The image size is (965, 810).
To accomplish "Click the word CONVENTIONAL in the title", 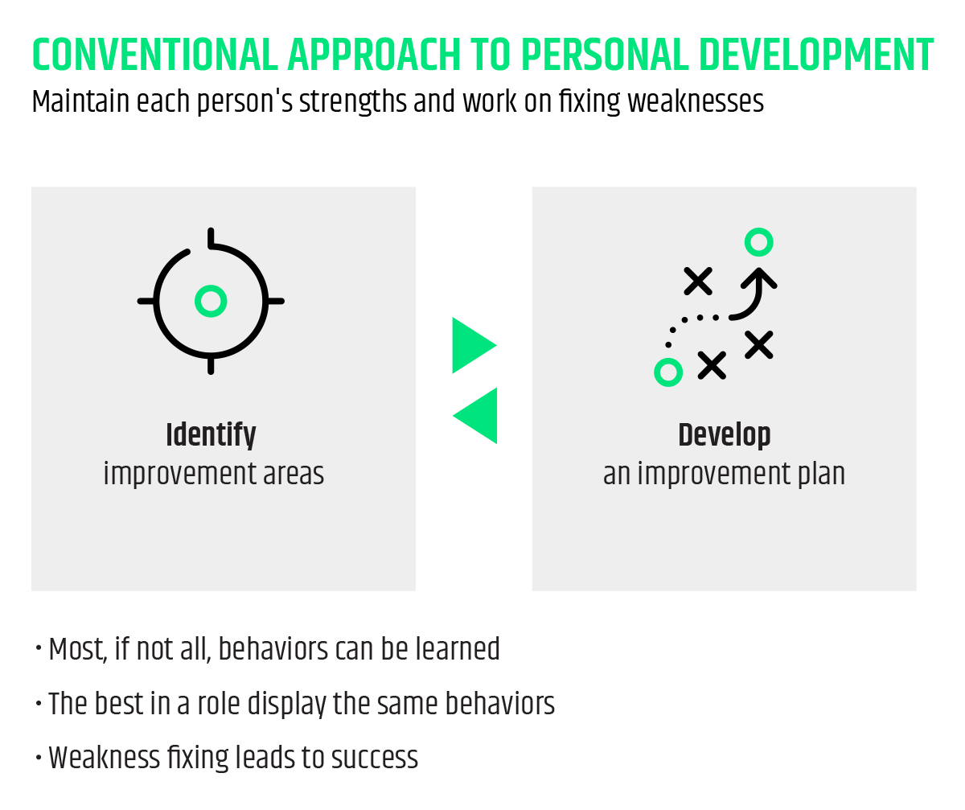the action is (x=155, y=55).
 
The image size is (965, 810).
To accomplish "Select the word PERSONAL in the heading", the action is (x=605, y=55).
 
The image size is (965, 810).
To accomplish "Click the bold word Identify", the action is (x=211, y=435).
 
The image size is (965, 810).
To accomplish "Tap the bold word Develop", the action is (x=725, y=435).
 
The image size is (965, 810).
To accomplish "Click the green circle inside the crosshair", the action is (x=211, y=301).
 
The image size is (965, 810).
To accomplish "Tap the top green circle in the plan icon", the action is (x=759, y=242).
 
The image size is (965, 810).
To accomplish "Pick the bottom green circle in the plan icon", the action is (x=668, y=372).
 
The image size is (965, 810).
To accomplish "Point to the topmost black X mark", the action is (x=698, y=281).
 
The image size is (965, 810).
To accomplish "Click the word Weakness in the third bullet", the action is (x=104, y=758).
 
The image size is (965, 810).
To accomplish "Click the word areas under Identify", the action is (x=294, y=475).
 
